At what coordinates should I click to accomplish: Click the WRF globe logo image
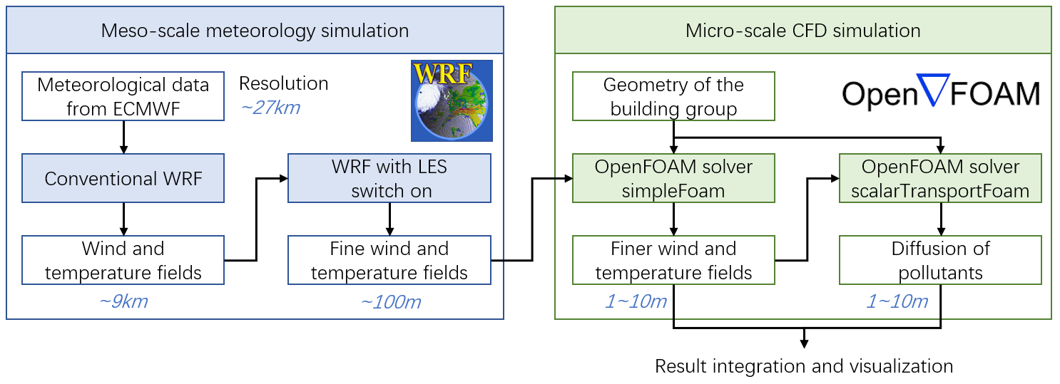[452, 100]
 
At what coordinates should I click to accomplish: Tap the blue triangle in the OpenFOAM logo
[933, 88]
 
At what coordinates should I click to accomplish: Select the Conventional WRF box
[123, 178]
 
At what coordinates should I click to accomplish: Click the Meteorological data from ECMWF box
[123, 96]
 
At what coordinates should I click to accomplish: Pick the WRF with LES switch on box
[389, 178]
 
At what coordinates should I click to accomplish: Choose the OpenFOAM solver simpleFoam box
[673, 178]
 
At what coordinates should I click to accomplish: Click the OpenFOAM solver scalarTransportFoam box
[940, 178]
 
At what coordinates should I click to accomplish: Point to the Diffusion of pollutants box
[940, 260]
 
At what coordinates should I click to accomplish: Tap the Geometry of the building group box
[673, 96]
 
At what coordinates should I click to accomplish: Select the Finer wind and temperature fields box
[673, 260]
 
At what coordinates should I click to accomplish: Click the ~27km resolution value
[270, 108]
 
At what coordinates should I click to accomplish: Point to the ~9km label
[123, 301]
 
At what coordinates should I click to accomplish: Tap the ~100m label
[391, 302]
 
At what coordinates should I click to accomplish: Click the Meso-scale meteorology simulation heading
[255, 31]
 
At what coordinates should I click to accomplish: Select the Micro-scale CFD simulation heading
[803, 31]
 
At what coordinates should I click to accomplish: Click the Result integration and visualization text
[804, 366]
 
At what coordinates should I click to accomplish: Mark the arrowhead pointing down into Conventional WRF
[123, 149]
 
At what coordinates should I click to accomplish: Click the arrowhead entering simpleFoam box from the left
[568, 179]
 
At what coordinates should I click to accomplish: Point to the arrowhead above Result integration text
[804, 344]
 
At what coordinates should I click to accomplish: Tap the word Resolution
[283, 83]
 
